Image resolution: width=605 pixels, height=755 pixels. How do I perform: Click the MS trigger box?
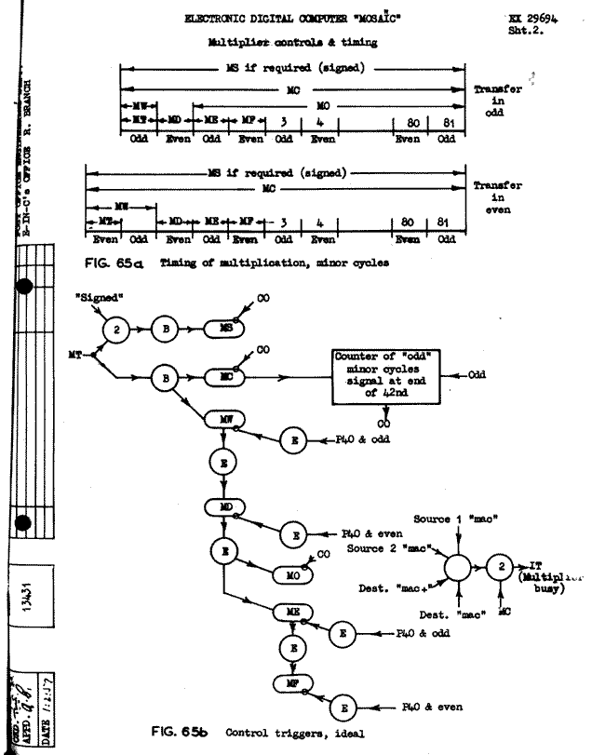click(228, 330)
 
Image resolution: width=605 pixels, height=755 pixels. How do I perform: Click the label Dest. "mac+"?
click(389, 587)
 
